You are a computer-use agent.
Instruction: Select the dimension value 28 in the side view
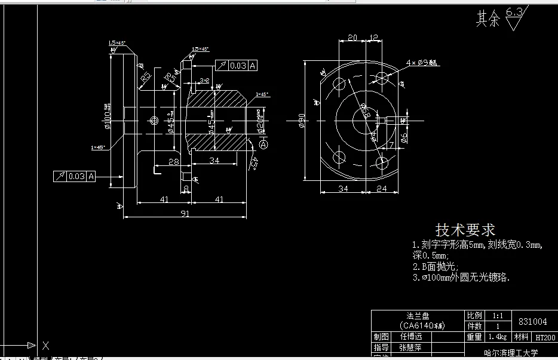tap(174, 161)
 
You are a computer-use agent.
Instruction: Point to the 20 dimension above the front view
tap(352, 38)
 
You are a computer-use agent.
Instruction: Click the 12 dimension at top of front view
tap(373, 38)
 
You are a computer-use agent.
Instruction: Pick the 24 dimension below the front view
tap(382, 189)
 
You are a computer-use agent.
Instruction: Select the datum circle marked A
tap(264, 144)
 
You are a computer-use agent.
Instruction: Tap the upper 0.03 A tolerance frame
tap(235, 66)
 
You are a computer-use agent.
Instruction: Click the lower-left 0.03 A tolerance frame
tap(75, 176)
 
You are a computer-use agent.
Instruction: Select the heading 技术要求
tap(465, 230)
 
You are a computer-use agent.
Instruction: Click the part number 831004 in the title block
tap(533, 321)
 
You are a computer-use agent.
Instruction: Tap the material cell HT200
tap(545, 337)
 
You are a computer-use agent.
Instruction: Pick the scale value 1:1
tap(497, 315)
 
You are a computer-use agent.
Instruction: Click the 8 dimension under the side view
tap(186, 189)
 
